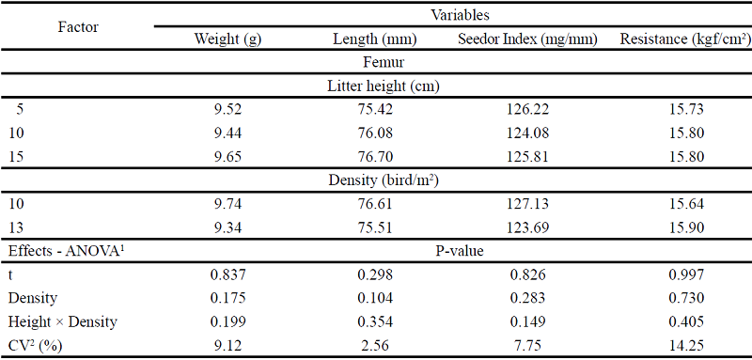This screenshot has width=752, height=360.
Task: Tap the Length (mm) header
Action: tap(375, 39)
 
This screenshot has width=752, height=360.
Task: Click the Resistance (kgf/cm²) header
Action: tap(683, 39)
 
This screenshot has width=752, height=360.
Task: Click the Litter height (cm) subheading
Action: tap(384, 86)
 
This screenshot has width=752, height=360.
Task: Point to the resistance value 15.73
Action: tap(683, 109)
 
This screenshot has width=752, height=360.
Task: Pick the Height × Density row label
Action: tap(62, 321)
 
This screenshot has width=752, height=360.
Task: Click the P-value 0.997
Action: tap(683, 274)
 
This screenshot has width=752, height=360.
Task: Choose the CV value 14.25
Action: tap(683, 345)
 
